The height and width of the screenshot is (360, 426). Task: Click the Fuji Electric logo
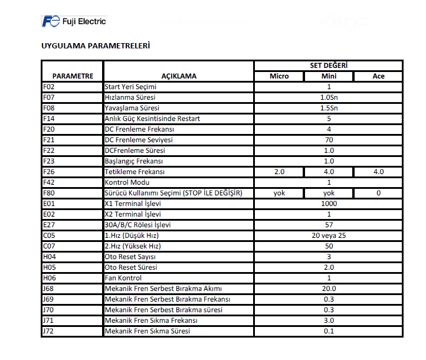click(74, 22)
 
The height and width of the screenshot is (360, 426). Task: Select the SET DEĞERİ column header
click(329, 66)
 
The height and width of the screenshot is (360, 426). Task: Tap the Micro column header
click(279, 76)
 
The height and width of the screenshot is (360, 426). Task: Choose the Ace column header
click(378, 76)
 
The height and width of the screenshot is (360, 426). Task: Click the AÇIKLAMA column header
click(179, 76)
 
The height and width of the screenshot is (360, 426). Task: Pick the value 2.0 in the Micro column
click(279, 172)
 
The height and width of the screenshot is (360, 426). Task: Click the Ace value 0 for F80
click(378, 193)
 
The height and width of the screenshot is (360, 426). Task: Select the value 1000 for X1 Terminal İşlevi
click(329, 204)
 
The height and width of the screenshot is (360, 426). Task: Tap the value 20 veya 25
click(329, 235)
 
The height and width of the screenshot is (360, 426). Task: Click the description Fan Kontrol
click(123, 278)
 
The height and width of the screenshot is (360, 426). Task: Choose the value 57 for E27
click(329, 225)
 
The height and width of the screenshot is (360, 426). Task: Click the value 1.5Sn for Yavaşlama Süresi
click(329, 108)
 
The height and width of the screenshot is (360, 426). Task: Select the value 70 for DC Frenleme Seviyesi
click(329, 140)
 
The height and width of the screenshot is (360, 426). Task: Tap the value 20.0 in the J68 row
click(329, 289)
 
